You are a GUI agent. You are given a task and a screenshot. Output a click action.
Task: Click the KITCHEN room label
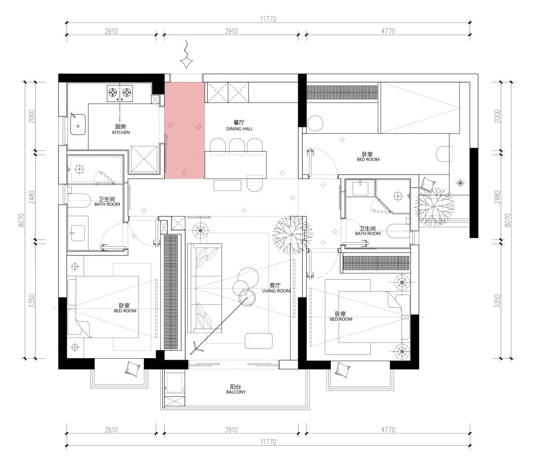[121, 132]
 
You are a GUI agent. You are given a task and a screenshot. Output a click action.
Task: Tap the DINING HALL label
[239, 128]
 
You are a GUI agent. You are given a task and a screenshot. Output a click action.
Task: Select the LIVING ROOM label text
[276, 291]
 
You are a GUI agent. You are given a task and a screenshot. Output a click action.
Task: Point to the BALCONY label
[236, 392]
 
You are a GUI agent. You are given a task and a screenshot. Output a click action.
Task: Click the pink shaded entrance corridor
[184, 130]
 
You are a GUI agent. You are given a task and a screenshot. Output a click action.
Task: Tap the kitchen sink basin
[78, 124]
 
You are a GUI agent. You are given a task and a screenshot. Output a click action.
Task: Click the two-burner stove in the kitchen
[120, 93]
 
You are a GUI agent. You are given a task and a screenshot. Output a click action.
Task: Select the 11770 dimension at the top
[268, 19]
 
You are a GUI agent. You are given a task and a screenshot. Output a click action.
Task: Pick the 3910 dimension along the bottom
[231, 429]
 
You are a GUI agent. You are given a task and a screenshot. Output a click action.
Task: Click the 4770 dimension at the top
[388, 31]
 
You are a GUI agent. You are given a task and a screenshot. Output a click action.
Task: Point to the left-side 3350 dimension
[32, 301]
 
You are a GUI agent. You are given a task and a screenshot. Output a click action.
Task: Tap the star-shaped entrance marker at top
[186, 62]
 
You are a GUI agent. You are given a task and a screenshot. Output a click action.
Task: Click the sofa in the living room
[205, 288]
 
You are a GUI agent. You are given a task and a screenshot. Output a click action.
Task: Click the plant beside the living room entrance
[293, 235]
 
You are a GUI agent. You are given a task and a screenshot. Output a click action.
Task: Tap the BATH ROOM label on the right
[368, 234]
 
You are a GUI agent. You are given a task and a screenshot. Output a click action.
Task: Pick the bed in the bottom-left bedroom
[103, 307]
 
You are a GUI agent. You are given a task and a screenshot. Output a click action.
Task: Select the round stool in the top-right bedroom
[315, 124]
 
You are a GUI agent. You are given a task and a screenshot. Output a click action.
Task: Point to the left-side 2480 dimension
[32, 197]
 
